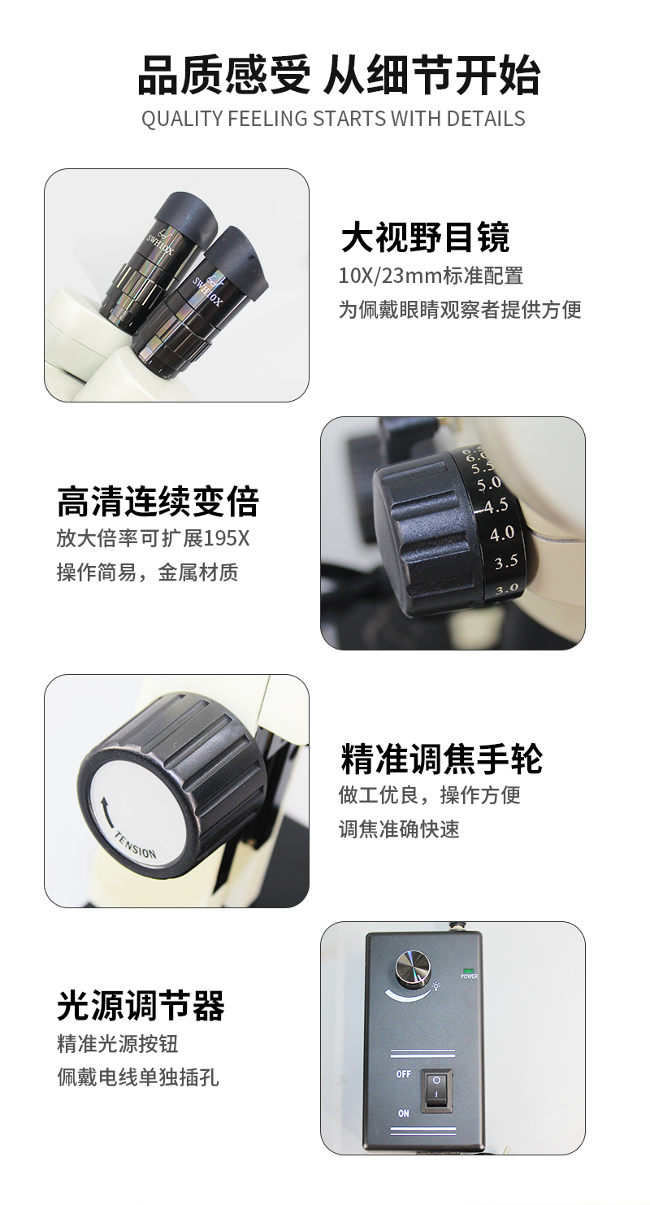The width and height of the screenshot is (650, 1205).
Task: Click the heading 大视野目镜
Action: [x=425, y=237]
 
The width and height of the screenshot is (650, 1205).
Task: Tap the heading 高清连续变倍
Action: [x=158, y=502]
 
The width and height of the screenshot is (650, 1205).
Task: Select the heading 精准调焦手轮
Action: [x=441, y=759]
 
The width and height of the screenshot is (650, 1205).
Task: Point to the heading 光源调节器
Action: [x=141, y=1006]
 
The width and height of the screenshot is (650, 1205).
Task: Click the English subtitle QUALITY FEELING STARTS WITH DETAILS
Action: [x=333, y=119]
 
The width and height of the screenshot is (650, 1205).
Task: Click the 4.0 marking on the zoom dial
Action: [x=502, y=533]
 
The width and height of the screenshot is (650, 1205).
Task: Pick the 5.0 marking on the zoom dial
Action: [x=488, y=484]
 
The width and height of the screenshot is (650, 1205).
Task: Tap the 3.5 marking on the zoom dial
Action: [x=506, y=562]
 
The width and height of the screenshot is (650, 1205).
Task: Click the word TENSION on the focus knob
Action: [x=136, y=845]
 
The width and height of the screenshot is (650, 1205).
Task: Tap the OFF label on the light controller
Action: [x=403, y=1074]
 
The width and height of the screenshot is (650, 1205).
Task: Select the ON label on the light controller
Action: [x=403, y=1113]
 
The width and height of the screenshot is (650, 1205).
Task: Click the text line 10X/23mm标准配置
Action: [x=431, y=276]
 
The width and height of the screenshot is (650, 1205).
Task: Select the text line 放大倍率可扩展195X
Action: [x=154, y=538]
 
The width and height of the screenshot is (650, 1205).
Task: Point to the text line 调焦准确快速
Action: [x=399, y=829]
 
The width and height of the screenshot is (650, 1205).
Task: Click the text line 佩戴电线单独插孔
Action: [x=138, y=1077]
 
